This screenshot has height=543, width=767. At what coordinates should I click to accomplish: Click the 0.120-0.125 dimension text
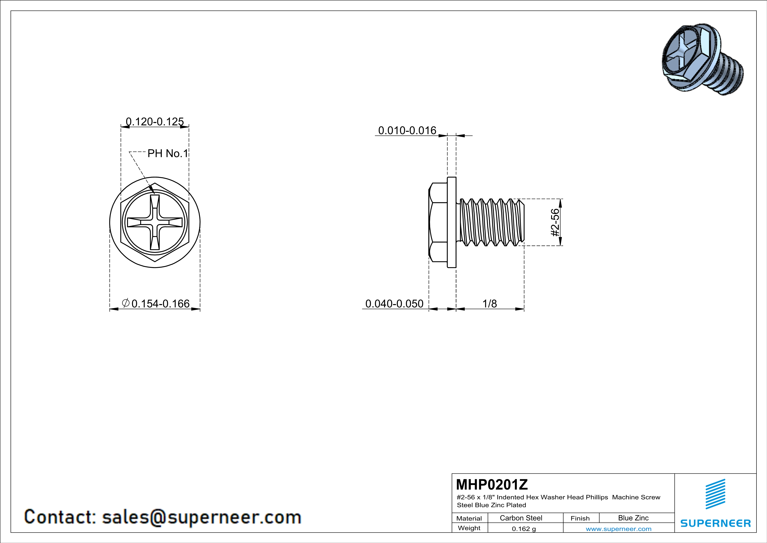155,121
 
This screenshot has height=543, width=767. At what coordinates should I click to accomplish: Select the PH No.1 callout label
168,153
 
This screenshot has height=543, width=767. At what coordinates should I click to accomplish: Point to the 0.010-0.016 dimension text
407,130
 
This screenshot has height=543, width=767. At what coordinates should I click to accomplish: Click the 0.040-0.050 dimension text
394,304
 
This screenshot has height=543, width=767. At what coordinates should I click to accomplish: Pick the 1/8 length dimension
490,304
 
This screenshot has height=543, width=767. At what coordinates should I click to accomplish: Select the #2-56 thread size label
555,222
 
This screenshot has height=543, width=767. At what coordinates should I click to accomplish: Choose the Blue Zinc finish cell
633,518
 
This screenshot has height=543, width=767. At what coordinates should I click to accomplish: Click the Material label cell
469,518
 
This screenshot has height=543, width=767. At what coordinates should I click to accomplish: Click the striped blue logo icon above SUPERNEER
715,494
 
